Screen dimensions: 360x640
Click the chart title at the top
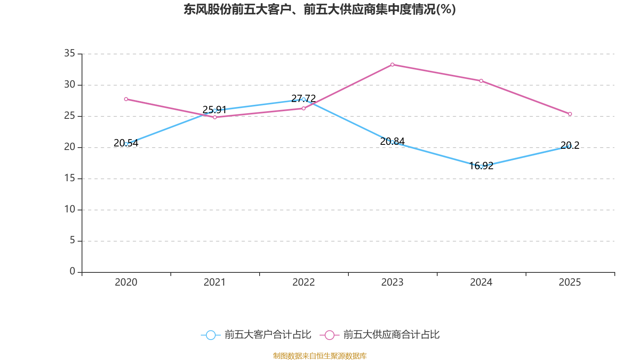point(320,9)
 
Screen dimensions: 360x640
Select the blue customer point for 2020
point(126,144)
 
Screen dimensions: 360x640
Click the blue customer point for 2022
point(304,99)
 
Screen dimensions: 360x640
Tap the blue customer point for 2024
point(481,166)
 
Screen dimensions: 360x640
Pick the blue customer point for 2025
point(570,146)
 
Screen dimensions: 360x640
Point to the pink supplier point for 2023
point(392,64)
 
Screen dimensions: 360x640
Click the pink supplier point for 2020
point(126,99)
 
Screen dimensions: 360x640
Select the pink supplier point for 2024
point(481,81)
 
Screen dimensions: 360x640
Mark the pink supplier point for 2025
point(570,114)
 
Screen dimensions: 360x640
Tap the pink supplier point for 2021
point(215,117)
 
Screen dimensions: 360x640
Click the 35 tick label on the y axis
point(70,53)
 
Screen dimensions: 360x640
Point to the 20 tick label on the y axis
point(70,147)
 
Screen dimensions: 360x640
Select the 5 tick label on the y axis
point(72,240)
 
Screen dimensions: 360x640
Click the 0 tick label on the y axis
point(72,271)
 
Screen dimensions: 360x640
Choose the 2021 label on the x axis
point(215,282)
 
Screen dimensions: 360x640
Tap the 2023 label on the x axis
point(392,282)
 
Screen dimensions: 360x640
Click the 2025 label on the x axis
point(570,282)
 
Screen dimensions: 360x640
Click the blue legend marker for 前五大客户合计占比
point(210,335)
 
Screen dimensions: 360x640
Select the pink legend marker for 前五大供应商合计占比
point(329,335)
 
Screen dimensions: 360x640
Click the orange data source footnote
point(320,356)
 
